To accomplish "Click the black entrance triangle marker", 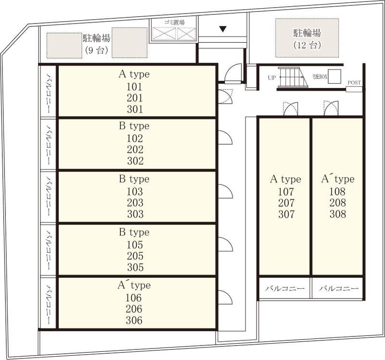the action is [x=223, y=29].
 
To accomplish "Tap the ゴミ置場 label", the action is [x=174, y=23].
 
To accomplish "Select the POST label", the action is [x=354, y=83].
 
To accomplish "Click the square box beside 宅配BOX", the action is [x=334, y=76].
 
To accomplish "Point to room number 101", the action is [x=135, y=87].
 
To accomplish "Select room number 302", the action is [x=135, y=161].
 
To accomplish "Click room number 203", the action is [x=135, y=203].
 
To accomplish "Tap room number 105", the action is [x=135, y=245].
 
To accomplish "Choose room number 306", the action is [x=134, y=320].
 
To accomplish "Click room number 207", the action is [x=286, y=203].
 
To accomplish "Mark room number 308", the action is [x=338, y=214].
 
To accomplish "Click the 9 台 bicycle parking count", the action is [x=97, y=50].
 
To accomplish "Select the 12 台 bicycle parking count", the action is [x=307, y=45].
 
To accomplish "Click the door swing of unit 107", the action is [x=291, y=109].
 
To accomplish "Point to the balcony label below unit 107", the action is [x=285, y=288].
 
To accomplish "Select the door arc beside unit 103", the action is [x=225, y=191].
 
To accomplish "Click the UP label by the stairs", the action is [x=272, y=78].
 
